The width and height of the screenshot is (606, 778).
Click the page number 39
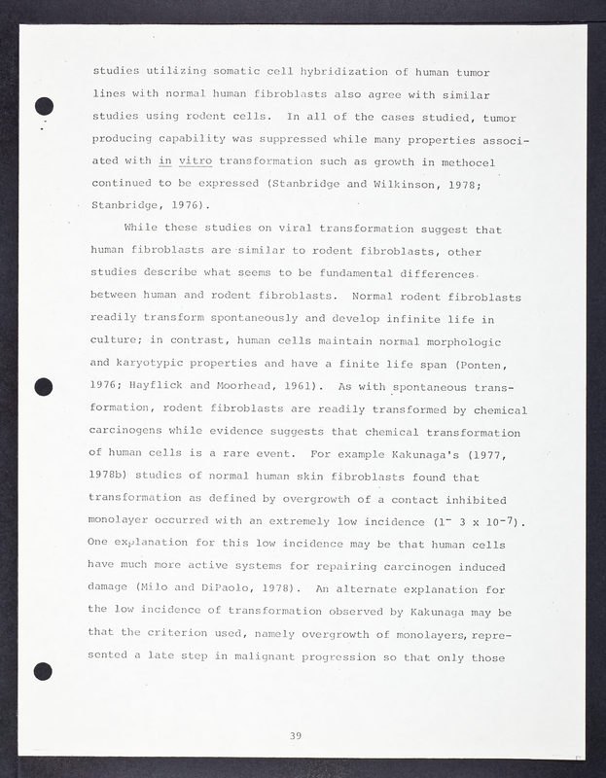[x=295, y=735]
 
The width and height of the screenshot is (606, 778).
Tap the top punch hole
[x=44, y=107]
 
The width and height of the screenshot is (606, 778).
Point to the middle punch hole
[x=44, y=387]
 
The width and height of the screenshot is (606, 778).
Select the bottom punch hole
[x=43, y=670]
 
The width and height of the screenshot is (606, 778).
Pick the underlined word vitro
[x=196, y=160]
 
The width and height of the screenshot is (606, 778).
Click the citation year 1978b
[x=114, y=476]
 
